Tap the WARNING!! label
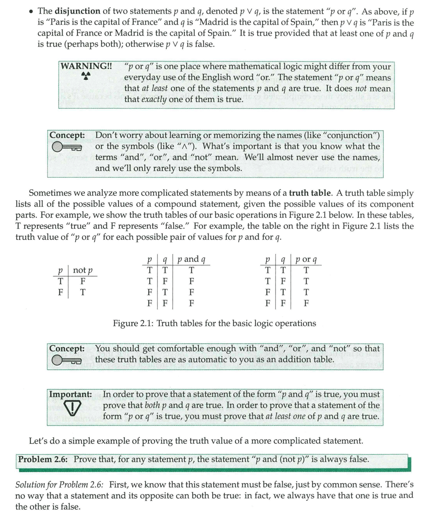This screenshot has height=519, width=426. tap(86, 67)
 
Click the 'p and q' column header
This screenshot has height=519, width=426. tap(191, 260)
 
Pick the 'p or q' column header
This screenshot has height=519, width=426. tap(306, 260)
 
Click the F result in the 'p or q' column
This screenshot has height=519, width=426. tap(306, 304)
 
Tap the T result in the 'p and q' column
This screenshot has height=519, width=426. tap(191, 270)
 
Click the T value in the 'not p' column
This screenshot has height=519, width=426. tap(83, 292)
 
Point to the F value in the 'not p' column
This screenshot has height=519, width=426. tap(83, 281)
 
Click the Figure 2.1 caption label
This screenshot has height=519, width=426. tap(214, 323)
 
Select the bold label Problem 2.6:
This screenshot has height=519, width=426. tap(43, 459)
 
